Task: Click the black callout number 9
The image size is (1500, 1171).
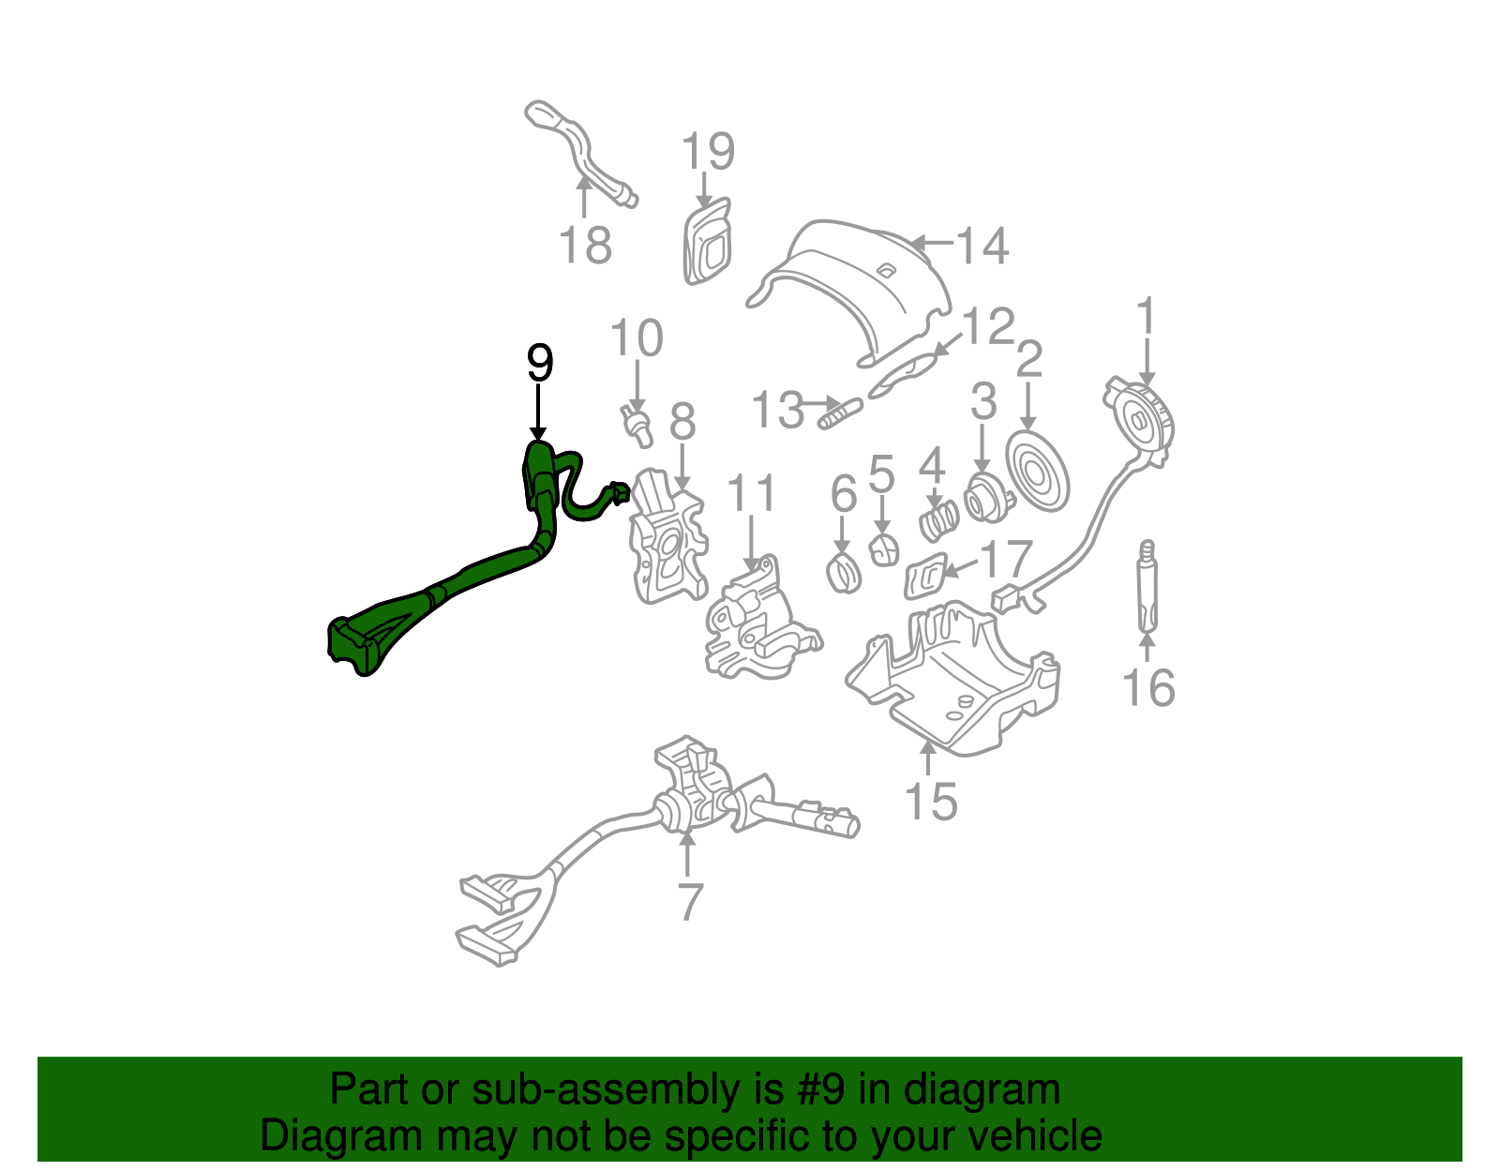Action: click(540, 363)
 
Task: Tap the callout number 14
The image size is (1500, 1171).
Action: click(982, 246)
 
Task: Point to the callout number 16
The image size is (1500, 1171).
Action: click(1148, 687)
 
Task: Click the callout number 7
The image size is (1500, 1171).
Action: click(689, 901)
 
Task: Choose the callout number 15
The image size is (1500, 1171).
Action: click(931, 802)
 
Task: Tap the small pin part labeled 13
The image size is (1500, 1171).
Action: click(841, 413)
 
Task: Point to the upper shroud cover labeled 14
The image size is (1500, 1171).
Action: click(858, 281)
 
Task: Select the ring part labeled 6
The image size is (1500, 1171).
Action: click(844, 573)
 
